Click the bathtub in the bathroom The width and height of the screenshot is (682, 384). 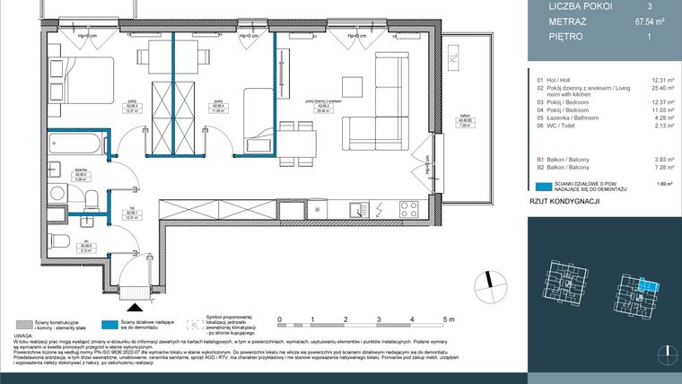tap(76, 143)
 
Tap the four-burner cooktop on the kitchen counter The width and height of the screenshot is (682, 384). tap(408, 208)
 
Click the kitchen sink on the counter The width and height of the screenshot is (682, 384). tap(356, 208)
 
